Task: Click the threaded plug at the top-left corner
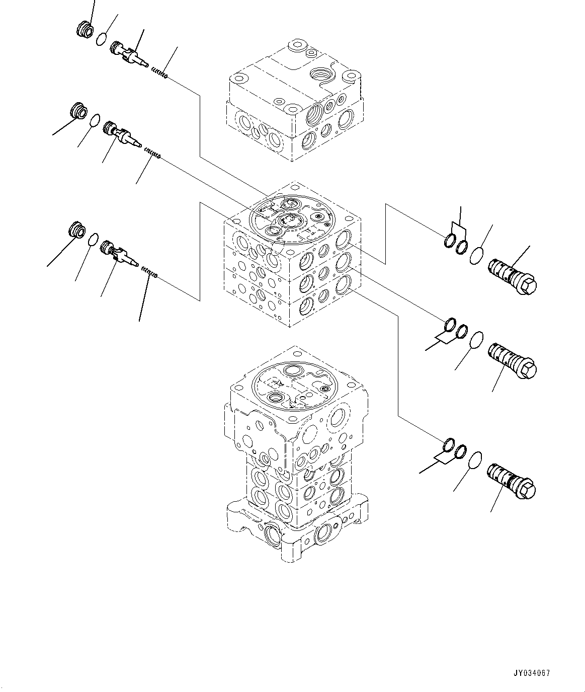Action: point(85,30)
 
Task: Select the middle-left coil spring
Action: point(152,153)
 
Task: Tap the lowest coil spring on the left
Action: point(150,272)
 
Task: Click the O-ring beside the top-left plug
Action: point(102,38)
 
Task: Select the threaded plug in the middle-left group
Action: point(78,110)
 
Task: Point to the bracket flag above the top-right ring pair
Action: point(459,229)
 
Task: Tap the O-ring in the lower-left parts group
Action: point(94,240)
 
